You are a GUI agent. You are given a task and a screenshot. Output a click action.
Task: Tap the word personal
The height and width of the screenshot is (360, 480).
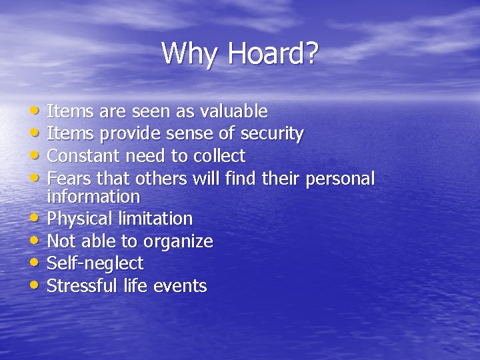point(337,179)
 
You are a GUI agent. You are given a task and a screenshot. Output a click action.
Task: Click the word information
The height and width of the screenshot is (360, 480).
point(93,197)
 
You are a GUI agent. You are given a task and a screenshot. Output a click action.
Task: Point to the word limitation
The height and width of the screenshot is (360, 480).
point(157,219)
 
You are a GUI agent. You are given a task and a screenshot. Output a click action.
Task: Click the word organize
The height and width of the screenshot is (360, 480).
point(179,241)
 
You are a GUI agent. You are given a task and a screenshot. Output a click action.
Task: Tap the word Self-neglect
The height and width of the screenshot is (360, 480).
point(95,263)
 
